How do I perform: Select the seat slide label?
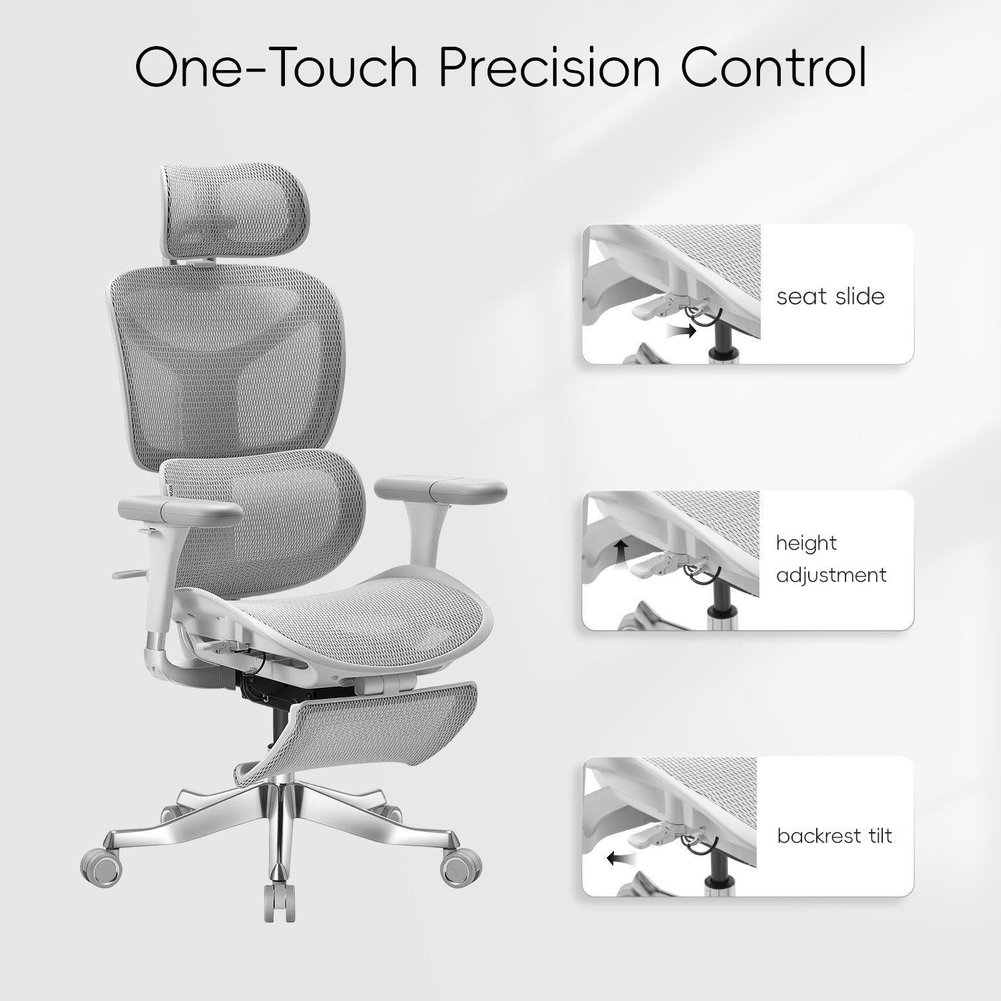click(x=830, y=296)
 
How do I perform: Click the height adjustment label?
click(x=831, y=559)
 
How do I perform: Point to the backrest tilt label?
click(x=834, y=836)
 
